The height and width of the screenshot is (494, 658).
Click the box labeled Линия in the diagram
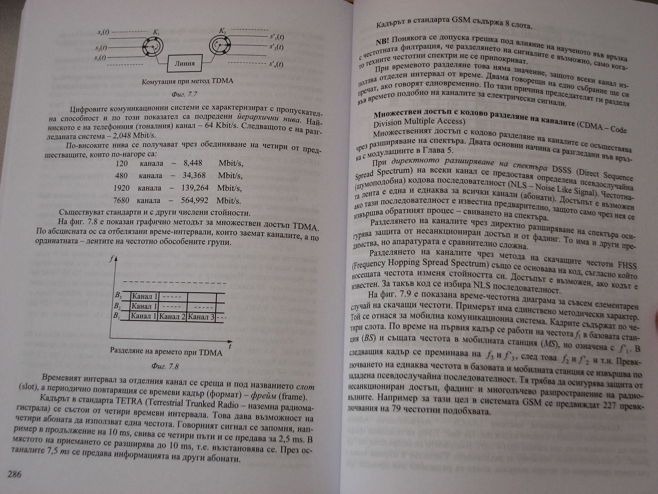coord(184,63)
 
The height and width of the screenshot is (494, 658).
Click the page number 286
coord(14,474)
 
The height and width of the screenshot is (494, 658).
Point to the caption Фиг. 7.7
coord(184,94)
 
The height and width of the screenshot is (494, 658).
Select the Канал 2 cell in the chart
coord(172,316)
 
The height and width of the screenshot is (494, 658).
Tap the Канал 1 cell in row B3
coord(145,296)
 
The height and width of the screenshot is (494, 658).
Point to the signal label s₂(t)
coord(101,48)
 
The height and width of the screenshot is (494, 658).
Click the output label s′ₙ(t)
coord(276,64)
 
